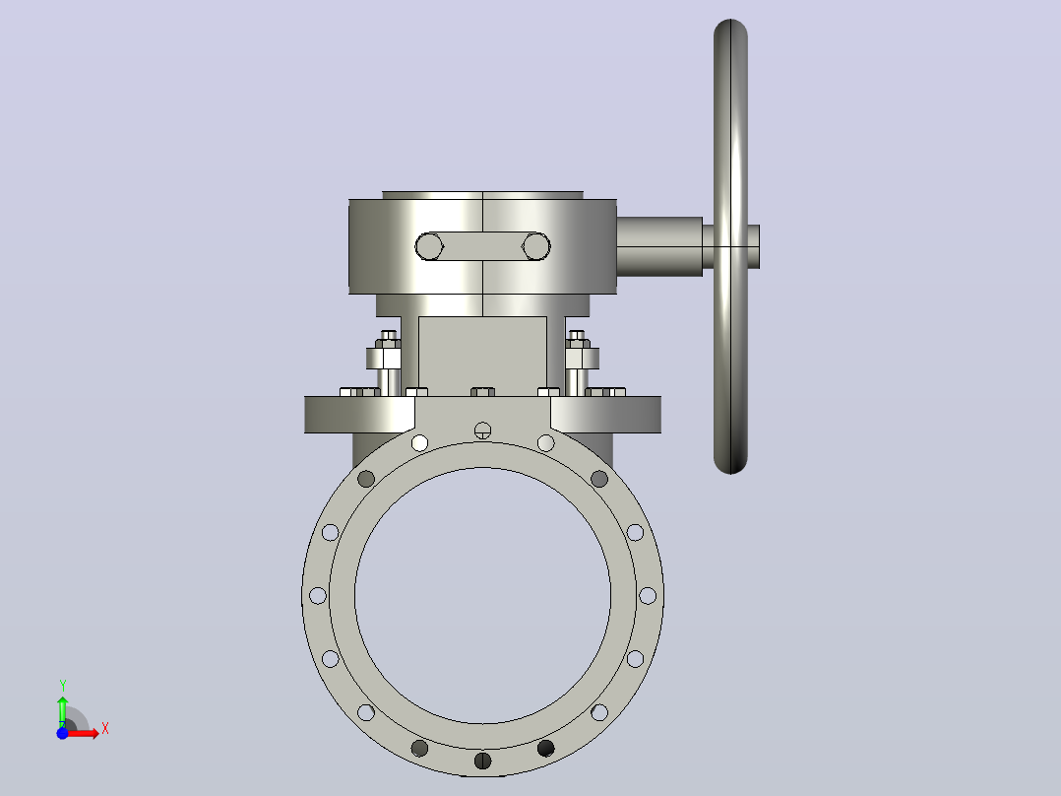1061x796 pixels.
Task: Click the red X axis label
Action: point(105,729)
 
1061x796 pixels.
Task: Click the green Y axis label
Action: point(62,686)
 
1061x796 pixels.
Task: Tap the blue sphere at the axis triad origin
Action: point(62,733)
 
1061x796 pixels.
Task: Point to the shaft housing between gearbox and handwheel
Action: point(659,246)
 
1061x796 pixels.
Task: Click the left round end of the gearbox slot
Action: point(429,246)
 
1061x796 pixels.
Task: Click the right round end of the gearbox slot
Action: point(535,246)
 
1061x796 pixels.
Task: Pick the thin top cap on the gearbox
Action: point(482,195)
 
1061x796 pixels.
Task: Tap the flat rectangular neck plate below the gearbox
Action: point(482,357)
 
